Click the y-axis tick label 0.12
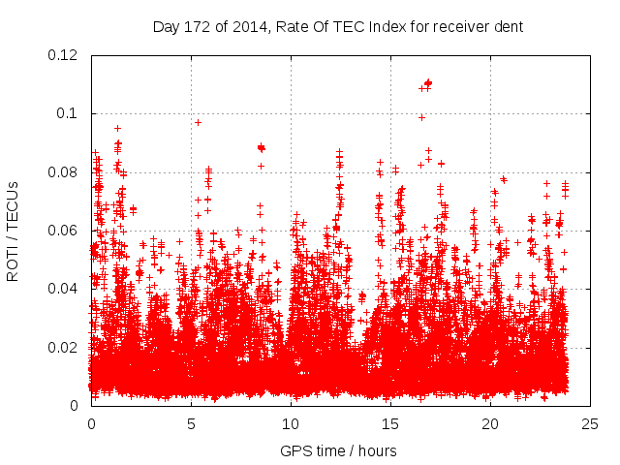[x=64, y=55]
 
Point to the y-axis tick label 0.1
[x=68, y=113]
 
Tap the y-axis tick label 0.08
[x=64, y=172]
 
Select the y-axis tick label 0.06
[x=64, y=231]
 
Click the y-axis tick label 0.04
[x=64, y=289]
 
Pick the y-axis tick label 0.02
[x=64, y=348]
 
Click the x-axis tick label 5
[x=191, y=423]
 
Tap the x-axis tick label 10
[x=291, y=423]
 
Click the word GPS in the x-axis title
[x=294, y=450]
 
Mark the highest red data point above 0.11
[x=428, y=82]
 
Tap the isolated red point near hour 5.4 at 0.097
[x=199, y=122]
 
